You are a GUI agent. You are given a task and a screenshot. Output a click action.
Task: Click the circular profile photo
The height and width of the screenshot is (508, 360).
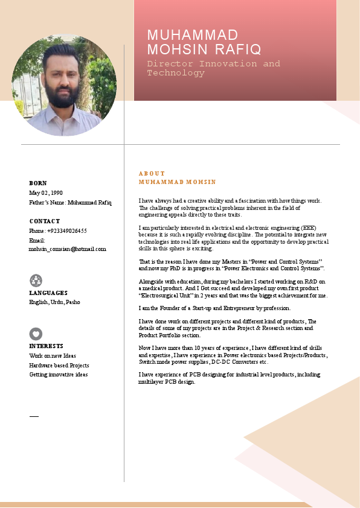(x=64, y=84)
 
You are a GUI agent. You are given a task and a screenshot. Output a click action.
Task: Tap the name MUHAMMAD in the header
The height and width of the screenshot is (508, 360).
(x=193, y=35)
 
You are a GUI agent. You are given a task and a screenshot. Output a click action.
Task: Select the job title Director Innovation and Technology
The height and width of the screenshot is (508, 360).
(x=214, y=68)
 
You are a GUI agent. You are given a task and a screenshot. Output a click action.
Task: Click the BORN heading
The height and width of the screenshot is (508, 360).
(x=38, y=183)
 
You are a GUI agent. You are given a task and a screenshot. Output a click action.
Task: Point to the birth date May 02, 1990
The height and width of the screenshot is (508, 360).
(x=46, y=193)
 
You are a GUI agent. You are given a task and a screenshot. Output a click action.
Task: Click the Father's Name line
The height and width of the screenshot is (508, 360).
(x=70, y=203)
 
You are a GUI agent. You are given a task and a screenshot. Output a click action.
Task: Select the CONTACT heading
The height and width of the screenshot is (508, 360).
(x=45, y=221)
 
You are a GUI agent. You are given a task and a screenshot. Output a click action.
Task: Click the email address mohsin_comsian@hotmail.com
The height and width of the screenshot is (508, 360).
(x=68, y=249)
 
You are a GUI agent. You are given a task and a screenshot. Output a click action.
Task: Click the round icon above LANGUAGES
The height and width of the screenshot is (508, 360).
(x=36, y=280)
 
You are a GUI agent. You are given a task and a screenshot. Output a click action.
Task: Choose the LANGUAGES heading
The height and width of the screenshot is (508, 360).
(x=48, y=293)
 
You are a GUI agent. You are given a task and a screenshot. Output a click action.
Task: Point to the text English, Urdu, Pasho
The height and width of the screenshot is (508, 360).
(x=54, y=302)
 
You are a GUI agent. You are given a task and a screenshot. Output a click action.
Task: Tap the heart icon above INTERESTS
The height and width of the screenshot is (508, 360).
(x=36, y=334)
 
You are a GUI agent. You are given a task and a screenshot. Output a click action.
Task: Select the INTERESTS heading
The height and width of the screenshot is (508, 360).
(x=47, y=346)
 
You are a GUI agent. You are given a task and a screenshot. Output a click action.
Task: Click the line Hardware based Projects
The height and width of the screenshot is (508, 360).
(x=59, y=365)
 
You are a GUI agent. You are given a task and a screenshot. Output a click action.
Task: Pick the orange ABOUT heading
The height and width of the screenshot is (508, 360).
(x=152, y=174)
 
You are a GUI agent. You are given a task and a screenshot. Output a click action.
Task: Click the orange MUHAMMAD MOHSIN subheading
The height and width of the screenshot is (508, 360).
(x=177, y=182)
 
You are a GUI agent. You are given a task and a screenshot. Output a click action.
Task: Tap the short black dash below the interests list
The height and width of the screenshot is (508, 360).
(x=34, y=416)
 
